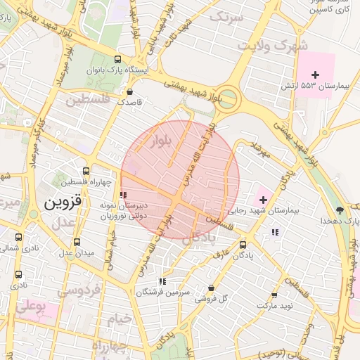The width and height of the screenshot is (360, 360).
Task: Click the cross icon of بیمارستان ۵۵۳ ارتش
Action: pyautogui.click(x=315, y=75)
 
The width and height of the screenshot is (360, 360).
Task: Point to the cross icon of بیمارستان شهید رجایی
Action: pyautogui.click(x=263, y=200)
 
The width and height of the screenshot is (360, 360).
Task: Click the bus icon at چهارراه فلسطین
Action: pyautogui.click(x=86, y=172)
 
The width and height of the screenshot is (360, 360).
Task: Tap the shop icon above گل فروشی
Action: pyautogui.click(x=212, y=288)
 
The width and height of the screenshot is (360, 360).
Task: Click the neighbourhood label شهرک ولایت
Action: pyautogui.click(x=273, y=46)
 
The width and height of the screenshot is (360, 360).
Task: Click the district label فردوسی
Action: pyautogui.click(x=78, y=289)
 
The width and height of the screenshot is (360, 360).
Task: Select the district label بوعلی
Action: pyautogui.click(x=30, y=307)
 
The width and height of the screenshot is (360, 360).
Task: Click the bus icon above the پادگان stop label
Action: pyautogui.click(x=243, y=245)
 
